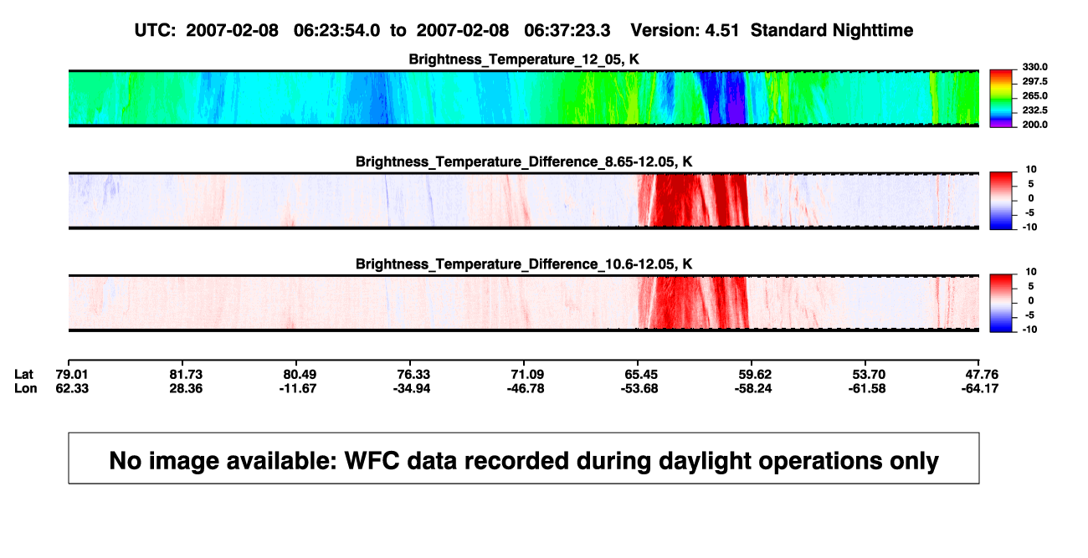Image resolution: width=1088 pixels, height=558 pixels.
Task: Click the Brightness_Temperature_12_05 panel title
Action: pyautogui.click(x=524, y=59)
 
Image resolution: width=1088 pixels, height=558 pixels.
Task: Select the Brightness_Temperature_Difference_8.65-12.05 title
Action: pyautogui.click(x=524, y=161)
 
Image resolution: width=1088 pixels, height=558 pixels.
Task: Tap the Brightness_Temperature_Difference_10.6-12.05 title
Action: pyautogui.click(x=524, y=264)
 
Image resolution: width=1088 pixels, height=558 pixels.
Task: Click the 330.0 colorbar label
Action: pyautogui.click(x=1034, y=67)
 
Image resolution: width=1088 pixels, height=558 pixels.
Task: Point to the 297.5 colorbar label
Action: pyautogui.click(x=1034, y=81)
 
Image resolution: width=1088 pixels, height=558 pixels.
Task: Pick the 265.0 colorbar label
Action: pyautogui.click(x=1034, y=95)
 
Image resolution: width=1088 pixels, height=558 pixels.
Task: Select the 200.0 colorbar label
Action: pyautogui.click(x=1034, y=125)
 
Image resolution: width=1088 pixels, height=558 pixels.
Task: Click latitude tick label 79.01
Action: pyautogui.click(x=72, y=375)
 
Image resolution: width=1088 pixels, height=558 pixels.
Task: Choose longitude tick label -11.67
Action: pyautogui.click(x=298, y=388)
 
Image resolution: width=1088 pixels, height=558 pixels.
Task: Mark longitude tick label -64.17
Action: pyautogui.click(x=980, y=388)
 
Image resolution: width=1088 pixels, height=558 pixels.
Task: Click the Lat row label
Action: pyautogui.click(x=23, y=375)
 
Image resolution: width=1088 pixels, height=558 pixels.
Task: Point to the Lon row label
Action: pyautogui.click(x=26, y=388)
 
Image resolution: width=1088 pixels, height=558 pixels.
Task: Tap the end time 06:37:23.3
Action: pyautogui.click(x=567, y=30)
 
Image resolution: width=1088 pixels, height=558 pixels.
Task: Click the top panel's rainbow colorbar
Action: pyautogui.click(x=1001, y=99)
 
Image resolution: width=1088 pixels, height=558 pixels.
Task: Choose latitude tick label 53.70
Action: pyautogui.click(x=869, y=375)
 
